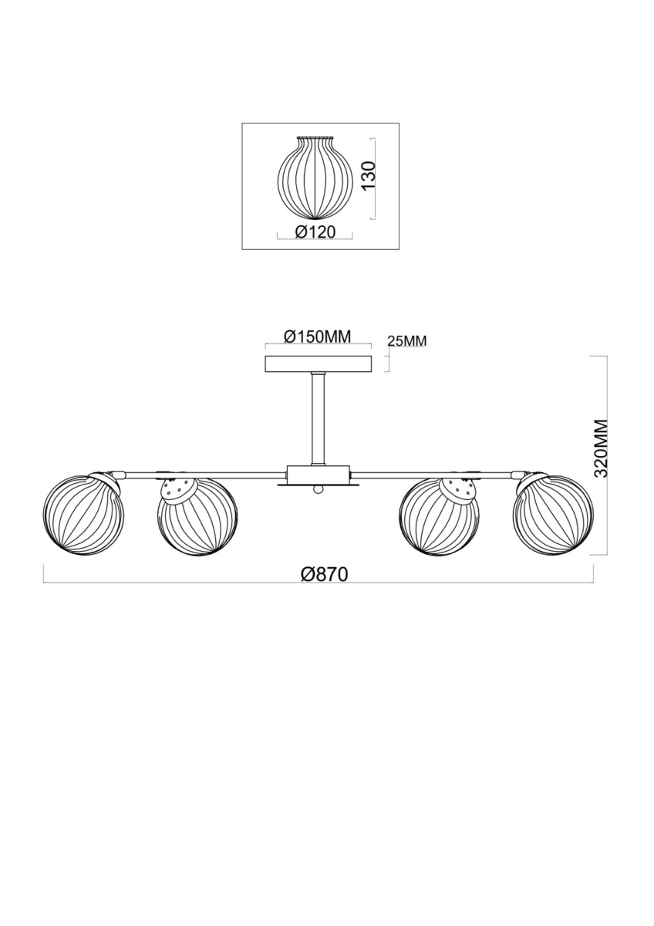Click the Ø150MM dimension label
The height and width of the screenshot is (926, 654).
(317, 337)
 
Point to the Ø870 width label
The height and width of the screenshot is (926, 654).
(325, 574)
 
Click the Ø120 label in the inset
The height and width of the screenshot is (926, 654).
(315, 233)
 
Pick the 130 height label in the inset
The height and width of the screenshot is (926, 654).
(367, 176)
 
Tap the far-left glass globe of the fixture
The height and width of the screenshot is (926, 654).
(83, 513)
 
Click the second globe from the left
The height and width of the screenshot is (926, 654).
(197, 518)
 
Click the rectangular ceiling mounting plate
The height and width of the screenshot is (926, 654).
(318, 364)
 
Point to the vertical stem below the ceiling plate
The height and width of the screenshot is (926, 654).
(318, 419)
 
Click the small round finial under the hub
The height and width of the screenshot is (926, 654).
(318, 490)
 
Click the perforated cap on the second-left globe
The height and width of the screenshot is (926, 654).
(178, 490)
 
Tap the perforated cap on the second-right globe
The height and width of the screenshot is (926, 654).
(458, 490)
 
